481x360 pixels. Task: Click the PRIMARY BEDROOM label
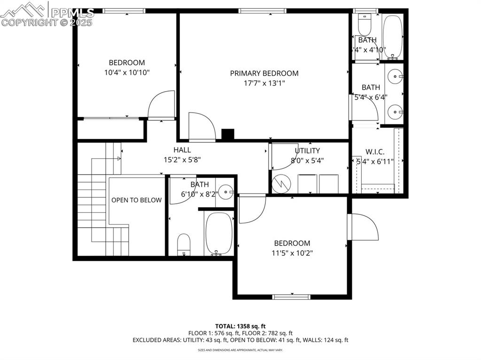tap(264, 73)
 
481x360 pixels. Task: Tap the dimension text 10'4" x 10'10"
tap(127, 72)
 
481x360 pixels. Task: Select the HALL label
tap(182, 150)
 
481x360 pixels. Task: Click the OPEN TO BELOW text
tap(136, 200)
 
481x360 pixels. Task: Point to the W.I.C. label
tap(375, 152)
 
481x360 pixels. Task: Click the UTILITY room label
tap(307, 151)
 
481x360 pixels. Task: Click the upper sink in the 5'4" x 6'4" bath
tap(396, 75)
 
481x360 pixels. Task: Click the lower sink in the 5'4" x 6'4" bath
tap(396, 112)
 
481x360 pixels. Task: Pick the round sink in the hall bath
tap(226, 191)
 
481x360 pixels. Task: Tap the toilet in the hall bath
tap(184, 245)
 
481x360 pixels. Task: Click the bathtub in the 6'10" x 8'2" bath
tap(218, 233)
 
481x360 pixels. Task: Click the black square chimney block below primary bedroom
tap(228, 135)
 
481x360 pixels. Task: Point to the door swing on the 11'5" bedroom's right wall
tap(364, 228)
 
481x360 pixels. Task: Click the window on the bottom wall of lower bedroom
tap(292, 296)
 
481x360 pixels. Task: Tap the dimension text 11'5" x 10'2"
tap(292, 253)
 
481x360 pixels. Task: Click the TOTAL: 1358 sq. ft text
tap(240, 326)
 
